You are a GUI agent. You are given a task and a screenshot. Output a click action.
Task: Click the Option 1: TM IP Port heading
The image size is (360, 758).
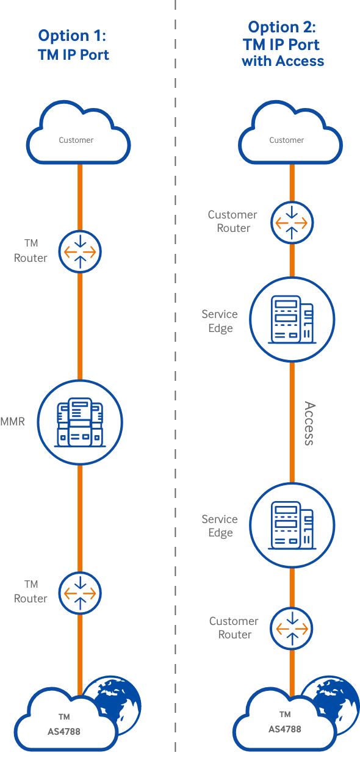[x=73, y=45]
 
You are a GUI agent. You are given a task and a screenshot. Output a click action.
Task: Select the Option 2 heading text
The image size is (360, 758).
[x=283, y=44]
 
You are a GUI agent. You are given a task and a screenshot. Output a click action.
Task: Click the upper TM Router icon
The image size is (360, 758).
[x=80, y=252]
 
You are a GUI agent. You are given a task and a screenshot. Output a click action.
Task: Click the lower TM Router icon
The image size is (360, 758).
[x=80, y=593]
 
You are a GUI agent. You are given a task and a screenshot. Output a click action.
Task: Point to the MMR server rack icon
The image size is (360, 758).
[x=80, y=422]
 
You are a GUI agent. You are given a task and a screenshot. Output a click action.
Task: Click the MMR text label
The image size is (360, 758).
[x=13, y=422]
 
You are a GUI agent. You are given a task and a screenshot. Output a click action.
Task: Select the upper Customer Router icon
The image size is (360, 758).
[x=292, y=223]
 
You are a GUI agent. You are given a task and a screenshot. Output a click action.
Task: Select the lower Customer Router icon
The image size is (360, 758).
[x=292, y=629]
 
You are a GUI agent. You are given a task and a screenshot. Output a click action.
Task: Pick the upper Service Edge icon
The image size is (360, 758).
[x=292, y=319]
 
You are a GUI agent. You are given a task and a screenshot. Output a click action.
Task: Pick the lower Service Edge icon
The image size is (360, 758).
[x=292, y=525]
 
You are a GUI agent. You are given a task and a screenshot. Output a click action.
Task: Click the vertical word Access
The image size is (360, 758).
[x=309, y=424]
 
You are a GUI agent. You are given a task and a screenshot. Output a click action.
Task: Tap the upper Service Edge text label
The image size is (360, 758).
[x=220, y=321]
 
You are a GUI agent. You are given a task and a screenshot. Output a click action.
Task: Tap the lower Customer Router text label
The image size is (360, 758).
[x=234, y=628]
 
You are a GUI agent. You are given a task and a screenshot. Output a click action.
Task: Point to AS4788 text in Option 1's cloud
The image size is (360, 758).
[x=64, y=732]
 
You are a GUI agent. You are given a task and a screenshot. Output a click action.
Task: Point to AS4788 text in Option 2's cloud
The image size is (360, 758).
[x=285, y=729]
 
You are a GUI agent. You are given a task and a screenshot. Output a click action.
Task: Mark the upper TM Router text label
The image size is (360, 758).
[x=31, y=250]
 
